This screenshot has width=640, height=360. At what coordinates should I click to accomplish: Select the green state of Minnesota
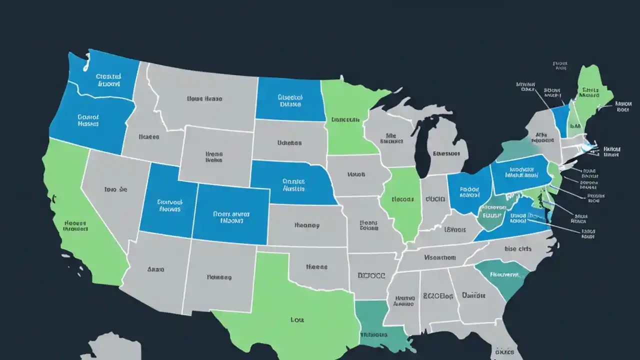pyautogui.click(x=345, y=120)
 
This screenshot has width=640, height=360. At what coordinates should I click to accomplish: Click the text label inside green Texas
pyautogui.click(x=297, y=319)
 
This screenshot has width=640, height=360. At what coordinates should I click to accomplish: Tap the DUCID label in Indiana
pyautogui.click(x=435, y=199)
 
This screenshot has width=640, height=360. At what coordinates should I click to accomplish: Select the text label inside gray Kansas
pyautogui.click(x=306, y=225)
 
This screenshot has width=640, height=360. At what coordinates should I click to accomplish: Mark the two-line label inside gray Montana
pyautogui.click(x=204, y=99)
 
